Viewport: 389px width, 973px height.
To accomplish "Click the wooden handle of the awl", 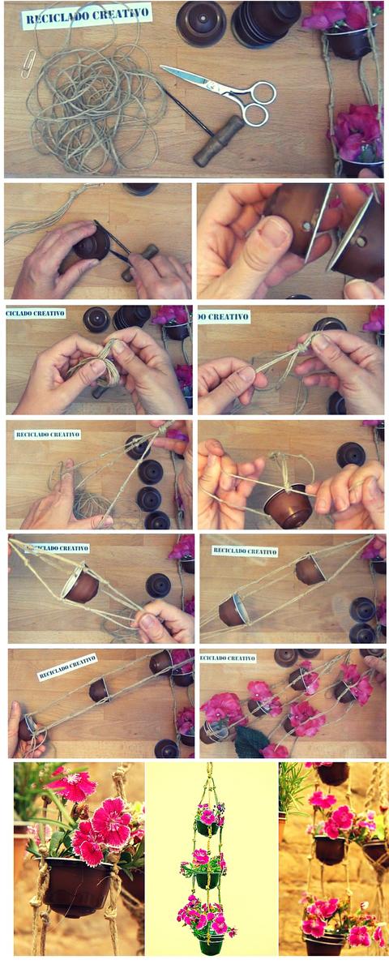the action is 220,141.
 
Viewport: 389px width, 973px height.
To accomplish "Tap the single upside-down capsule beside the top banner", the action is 201,23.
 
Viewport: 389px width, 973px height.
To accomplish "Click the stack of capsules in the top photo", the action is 266,23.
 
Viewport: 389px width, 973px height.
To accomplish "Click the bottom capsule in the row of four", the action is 157,521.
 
